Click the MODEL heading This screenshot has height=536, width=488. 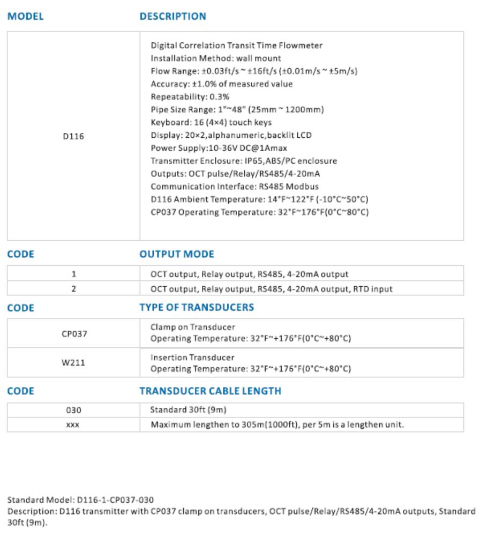[x=25, y=17]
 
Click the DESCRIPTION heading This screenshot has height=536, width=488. [x=172, y=17]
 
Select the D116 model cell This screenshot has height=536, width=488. [x=73, y=137]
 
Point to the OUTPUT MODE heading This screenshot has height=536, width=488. [x=177, y=255]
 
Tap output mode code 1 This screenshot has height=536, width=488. [x=73, y=274]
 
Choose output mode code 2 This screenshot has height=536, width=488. [x=73, y=289]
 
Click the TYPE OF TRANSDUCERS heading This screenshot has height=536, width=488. [x=197, y=308]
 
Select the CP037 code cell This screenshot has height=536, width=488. [x=74, y=333]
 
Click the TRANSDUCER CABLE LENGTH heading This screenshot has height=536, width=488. [x=210, y=391]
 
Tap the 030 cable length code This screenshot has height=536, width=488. [x=73, y=411]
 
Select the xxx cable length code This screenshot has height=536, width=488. [x=73, y=425]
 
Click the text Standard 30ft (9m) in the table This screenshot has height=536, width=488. [x=189, y=411]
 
